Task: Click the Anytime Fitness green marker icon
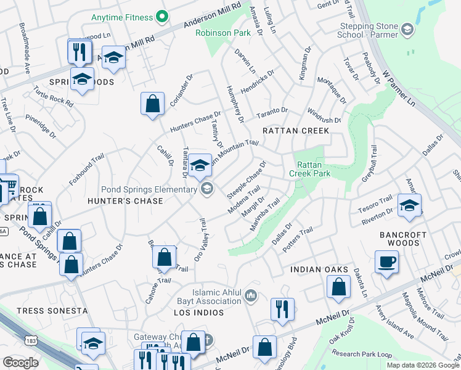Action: click(162, 17)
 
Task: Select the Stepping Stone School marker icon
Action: click(407, 29)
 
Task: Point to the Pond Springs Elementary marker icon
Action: click(207, 189)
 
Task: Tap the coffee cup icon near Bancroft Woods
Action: click(386, 261)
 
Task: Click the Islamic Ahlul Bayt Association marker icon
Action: click(251, 297)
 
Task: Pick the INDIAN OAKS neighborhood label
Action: click(319, 270)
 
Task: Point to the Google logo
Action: click(20, 363)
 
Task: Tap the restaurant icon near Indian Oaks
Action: click(282, 310)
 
